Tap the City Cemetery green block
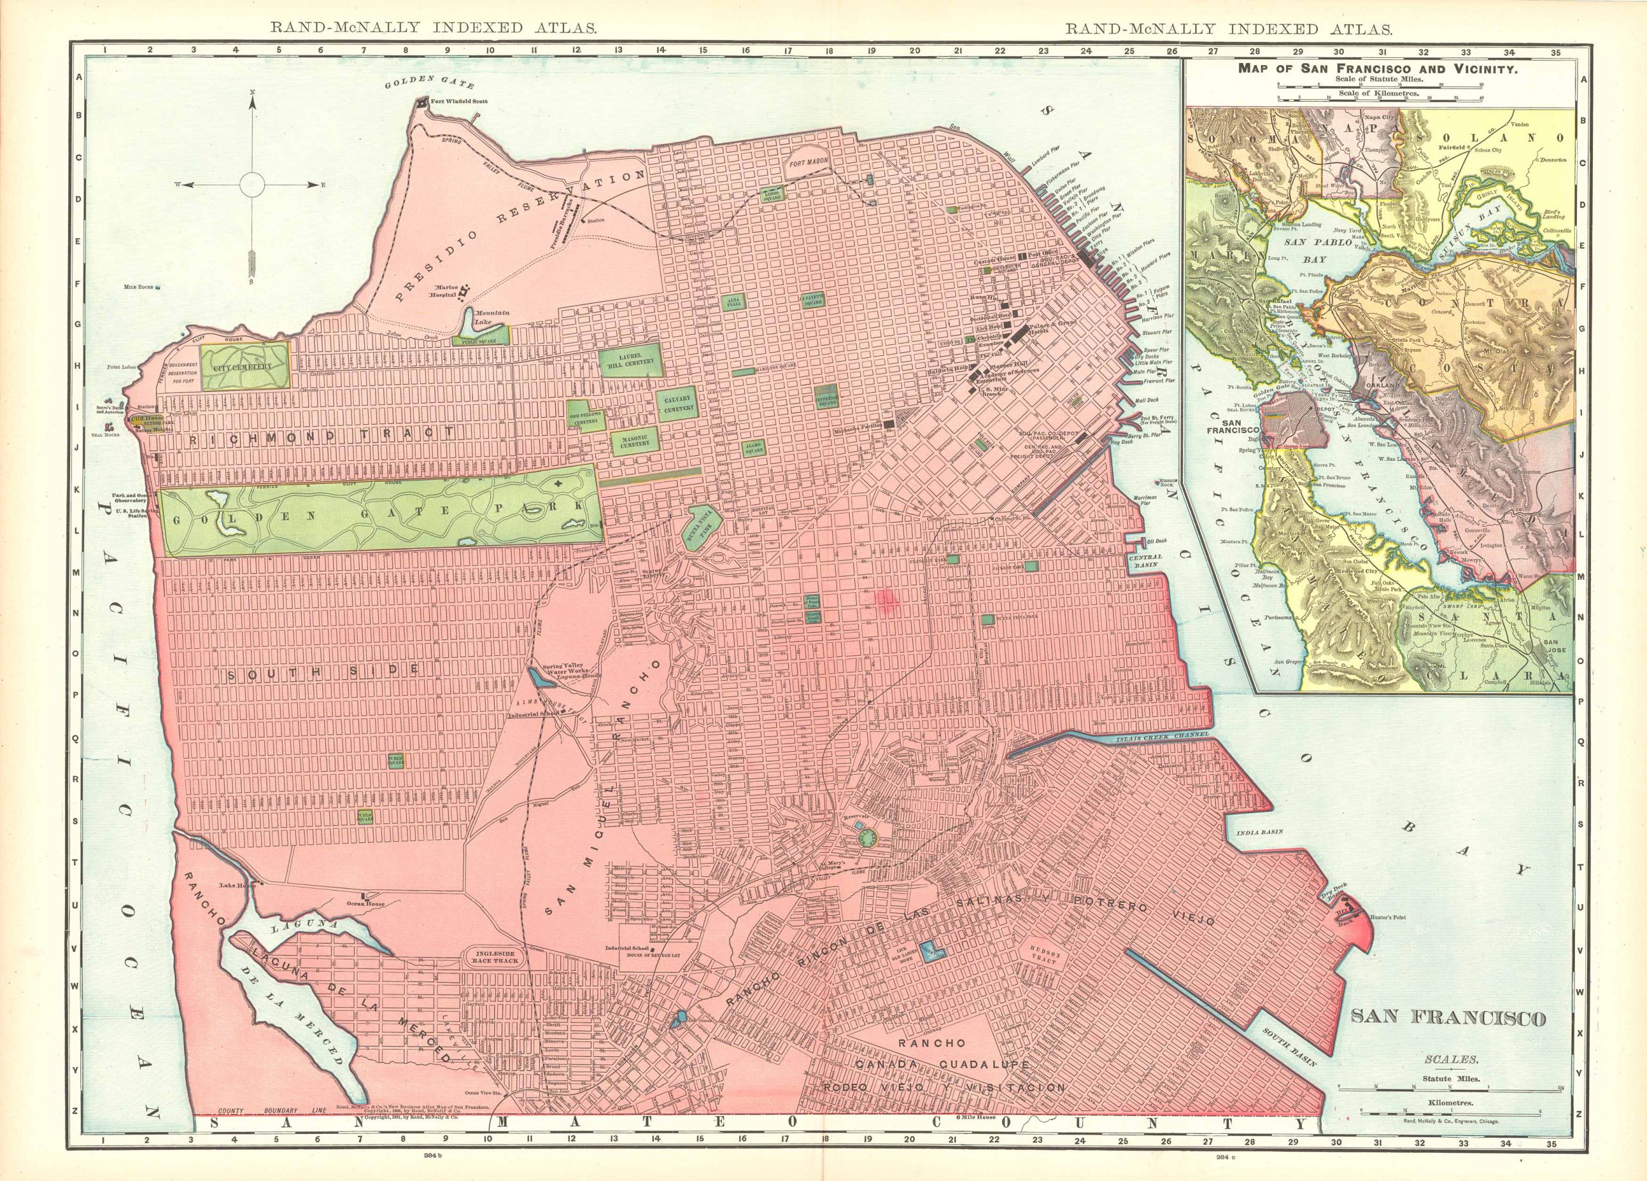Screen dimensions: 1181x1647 244,366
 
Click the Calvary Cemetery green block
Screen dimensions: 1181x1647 677,404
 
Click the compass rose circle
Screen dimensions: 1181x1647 252,185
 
